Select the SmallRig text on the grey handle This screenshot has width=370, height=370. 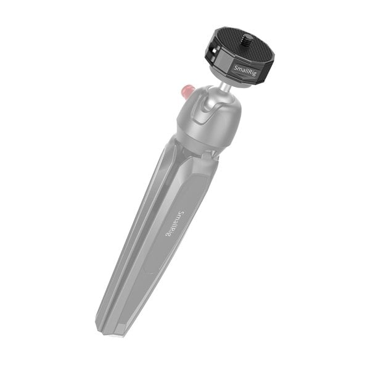173,223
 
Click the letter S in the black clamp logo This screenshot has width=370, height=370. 236,72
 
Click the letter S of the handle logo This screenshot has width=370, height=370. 179,213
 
